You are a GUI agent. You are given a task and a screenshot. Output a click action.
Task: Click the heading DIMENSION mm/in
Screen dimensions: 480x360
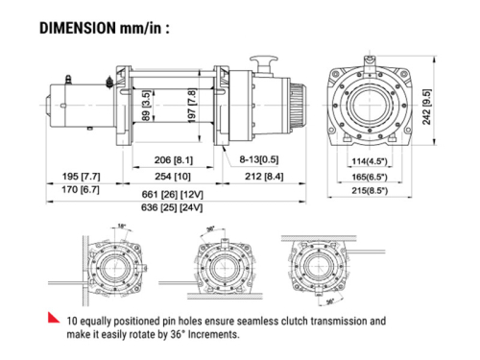pyautogui.click(x=105, y=28)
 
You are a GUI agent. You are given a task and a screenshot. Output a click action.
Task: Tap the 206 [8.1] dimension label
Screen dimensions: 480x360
pyautogui.click(x=174, y=159)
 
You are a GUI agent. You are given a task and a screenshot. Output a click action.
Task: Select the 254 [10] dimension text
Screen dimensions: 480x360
pyautogui.click(x=173, y=177)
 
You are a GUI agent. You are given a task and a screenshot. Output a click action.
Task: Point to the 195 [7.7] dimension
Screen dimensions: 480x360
pyautogui.click(x=81, y=177)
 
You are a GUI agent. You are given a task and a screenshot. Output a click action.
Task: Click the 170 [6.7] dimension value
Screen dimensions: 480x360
pyautogui.click(x=81, y=189)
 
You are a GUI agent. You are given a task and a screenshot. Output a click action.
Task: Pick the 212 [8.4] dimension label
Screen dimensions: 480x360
pyautogui.click(x=264, y=177)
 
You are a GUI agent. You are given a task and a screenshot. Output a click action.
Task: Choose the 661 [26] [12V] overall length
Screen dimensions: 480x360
pyautogui.click(x=172, y=195)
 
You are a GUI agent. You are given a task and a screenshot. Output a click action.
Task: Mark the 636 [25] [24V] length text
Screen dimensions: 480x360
pyautogui.click(x=172, y=207)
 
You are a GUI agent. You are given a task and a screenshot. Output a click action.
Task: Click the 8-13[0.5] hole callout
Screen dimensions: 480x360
pyautogui.click(x=259, y=159)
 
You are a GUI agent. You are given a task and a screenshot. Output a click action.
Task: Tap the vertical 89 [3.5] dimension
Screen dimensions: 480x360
pyautogui.click(x=146, y=106)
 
